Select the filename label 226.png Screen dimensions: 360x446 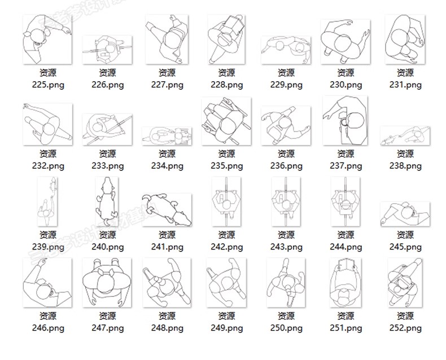coord(107,85)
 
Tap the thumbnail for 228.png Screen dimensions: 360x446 coord(226,39)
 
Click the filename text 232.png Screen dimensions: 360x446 coord(47,166)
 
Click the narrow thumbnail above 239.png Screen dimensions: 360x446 coord(47,201)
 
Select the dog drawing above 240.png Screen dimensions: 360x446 coord(107,201)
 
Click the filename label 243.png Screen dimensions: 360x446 coord(286,247)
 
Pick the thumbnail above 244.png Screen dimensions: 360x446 coord(345,201)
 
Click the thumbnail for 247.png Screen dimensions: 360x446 coord(107,283)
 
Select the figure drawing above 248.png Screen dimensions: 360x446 coord(167,283)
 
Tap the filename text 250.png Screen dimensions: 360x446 coord(286,328)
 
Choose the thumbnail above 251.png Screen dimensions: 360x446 coord(345,283)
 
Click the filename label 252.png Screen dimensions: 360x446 coord(405,328)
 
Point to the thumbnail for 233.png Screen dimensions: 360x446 coord(107,129)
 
